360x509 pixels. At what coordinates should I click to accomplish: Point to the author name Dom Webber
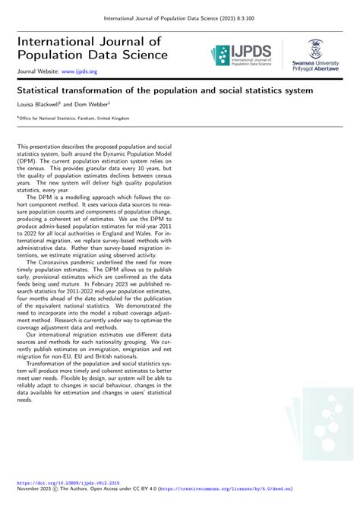(x=91, y=103)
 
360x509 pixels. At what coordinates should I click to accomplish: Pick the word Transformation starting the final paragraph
(x=51, y=363)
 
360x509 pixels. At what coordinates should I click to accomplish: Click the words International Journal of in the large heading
(x=90, y=40)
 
